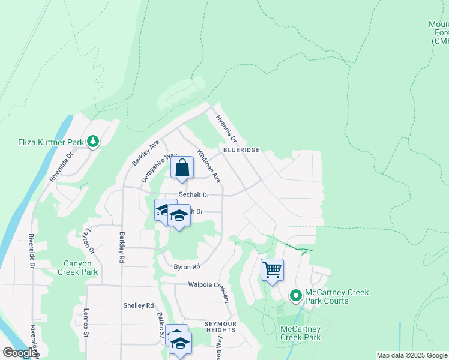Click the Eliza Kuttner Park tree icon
pos(93,141)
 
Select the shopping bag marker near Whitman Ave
pos(182,169)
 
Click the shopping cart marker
pos(272,270)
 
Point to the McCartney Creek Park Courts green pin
pos(295,296)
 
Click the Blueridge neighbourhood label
pos(241,149)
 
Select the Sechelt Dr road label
pos(194,195)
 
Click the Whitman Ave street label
pos(209,166)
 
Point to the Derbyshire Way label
pos(160,168)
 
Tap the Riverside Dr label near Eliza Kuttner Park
pos(61,166)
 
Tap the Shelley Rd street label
pos(138,305)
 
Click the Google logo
pos(19,353)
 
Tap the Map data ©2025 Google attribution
pos(412,355)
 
